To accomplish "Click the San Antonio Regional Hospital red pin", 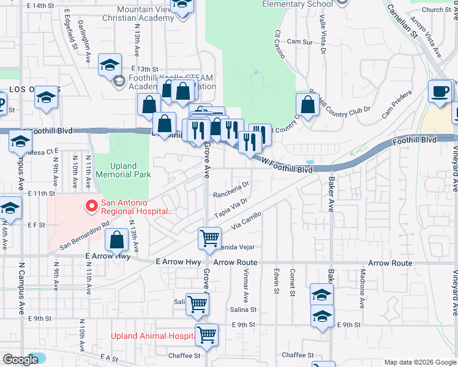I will (x=92, y=206).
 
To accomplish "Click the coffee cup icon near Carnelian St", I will (x=440, y=92).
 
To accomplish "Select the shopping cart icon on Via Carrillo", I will (x=209, y=238).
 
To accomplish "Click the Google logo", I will (x=21, y=360).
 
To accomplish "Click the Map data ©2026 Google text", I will (x=419, y=362).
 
